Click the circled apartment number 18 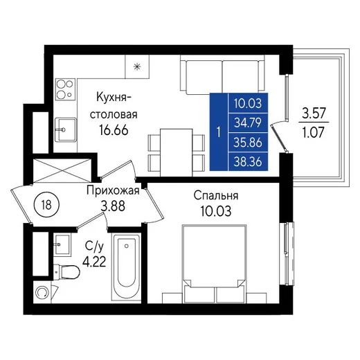coord(46,204)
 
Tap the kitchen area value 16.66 coord(114,130)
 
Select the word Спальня coord(216,196)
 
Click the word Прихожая coord(113,191)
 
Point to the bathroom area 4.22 coord(94,262)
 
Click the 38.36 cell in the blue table coord(248,161)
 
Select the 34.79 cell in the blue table coord(248,123)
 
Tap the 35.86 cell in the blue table coord(248,143)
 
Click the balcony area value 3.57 coord(314,114)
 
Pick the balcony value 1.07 coord(314,132)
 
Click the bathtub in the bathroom coord(126,267)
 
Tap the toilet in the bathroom coord(66,272)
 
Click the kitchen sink coord(66,129)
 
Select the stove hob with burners coord(66,89)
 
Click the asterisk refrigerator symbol coord(137,67)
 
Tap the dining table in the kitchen coord(177,152)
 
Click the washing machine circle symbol coord(42,292)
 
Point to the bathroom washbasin coord(62,244)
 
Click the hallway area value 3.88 coord(113,206)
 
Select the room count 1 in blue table coord(219,132)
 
